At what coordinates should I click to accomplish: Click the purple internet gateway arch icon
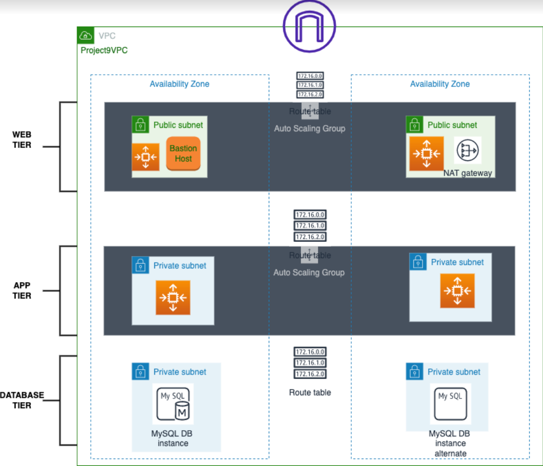309,25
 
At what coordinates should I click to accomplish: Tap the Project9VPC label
104,50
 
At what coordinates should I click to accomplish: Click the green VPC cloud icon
86,35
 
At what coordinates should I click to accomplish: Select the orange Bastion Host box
183,153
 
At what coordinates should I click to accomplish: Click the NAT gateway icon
467,150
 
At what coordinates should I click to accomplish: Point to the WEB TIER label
22,140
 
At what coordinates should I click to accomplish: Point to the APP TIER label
22,291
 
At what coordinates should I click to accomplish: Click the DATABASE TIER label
22,400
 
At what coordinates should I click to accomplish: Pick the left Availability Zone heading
179,84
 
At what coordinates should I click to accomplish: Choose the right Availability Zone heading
440,84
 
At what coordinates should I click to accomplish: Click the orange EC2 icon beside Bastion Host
145,157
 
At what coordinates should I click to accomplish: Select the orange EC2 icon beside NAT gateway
427,153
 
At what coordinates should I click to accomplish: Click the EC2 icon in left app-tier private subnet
172,297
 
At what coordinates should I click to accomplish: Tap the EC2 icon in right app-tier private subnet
457,291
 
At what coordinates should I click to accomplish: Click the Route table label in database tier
310,392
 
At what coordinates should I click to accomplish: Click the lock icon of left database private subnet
140,371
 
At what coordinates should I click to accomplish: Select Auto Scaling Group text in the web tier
310,128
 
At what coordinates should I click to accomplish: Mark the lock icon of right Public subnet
414,125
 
